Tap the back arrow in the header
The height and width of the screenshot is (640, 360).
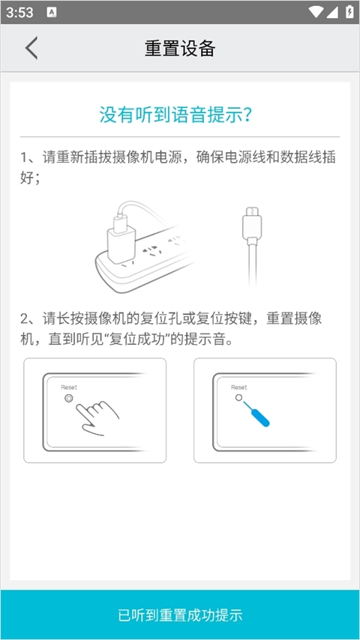pos(31,48)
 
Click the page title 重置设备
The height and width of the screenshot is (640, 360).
pos(180,48)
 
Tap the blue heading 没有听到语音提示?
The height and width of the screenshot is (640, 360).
pos(175,115)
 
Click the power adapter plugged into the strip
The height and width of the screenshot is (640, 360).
pos(121,237)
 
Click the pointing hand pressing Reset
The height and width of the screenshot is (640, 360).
pos(99,417)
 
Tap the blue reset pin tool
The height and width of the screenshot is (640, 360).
pos(256,414)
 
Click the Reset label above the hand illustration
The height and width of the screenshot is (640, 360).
pos(69,387)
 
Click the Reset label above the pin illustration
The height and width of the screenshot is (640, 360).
pos(238,387)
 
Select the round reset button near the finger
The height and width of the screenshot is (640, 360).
pos(69,399)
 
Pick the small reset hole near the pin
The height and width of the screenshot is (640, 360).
pos(238,397)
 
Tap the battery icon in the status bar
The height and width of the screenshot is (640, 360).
pos(349,12)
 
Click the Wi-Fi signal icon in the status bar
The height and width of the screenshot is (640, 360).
pos(316,12)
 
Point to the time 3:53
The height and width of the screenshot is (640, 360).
pos(19,12)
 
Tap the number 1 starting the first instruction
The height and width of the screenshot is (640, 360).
pos(24,157)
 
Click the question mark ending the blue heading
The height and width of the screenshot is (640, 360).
pos(247,115)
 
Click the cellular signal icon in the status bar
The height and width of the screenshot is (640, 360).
pos(332,12)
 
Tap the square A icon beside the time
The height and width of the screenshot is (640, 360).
pos(52,12)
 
